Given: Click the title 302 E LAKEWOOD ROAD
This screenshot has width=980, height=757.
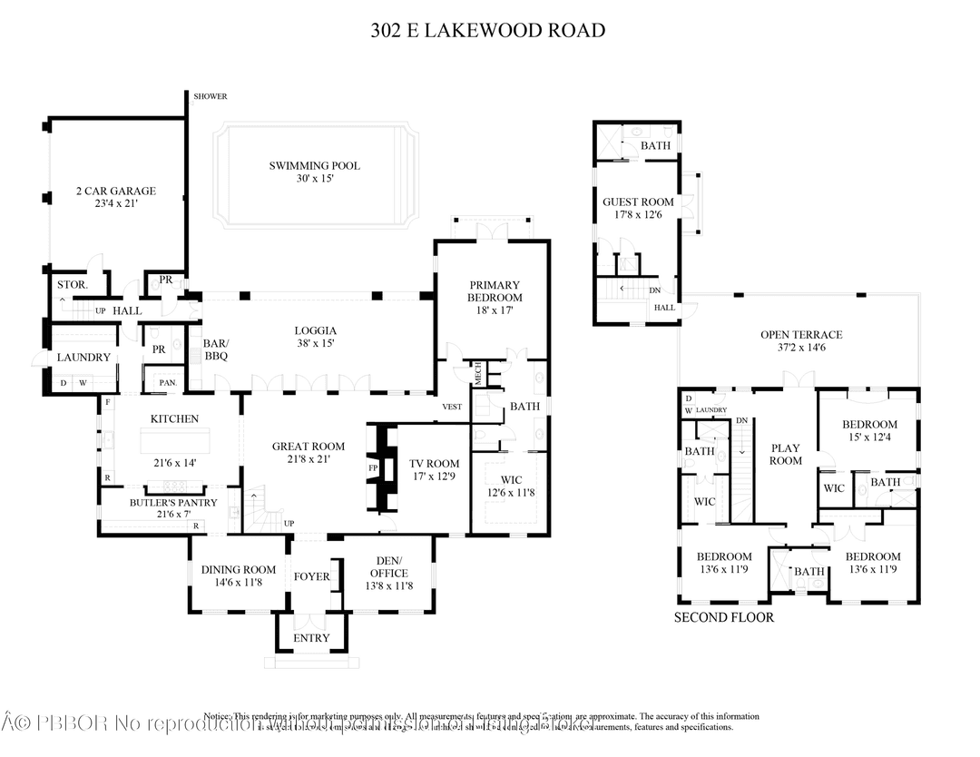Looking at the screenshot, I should pos(488,31).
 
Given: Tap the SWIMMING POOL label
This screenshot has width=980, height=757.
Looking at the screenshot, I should pos(314,166).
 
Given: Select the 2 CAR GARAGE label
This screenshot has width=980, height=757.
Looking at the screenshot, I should pos(115,192).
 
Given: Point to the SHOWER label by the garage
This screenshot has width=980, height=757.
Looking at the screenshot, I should pos(210,97).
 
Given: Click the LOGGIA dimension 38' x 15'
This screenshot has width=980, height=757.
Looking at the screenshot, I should pos(315,344).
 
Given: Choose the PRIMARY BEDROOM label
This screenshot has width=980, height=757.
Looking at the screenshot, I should pos(495,290).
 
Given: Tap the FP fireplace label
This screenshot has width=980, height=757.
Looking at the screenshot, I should pos(373,468).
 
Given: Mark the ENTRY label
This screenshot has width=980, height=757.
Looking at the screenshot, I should pos(311,638).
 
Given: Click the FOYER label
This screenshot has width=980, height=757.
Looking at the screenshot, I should pos(311,576).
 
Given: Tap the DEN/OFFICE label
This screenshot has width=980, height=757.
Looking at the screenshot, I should pos(389,566).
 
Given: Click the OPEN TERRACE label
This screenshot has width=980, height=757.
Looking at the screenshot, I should pos(801,335).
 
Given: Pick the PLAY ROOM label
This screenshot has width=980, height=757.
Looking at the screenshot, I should pos(786,454).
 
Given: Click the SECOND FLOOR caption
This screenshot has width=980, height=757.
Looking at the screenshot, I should pos(724,618).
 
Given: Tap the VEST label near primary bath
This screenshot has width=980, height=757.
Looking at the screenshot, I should pos(452,407).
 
